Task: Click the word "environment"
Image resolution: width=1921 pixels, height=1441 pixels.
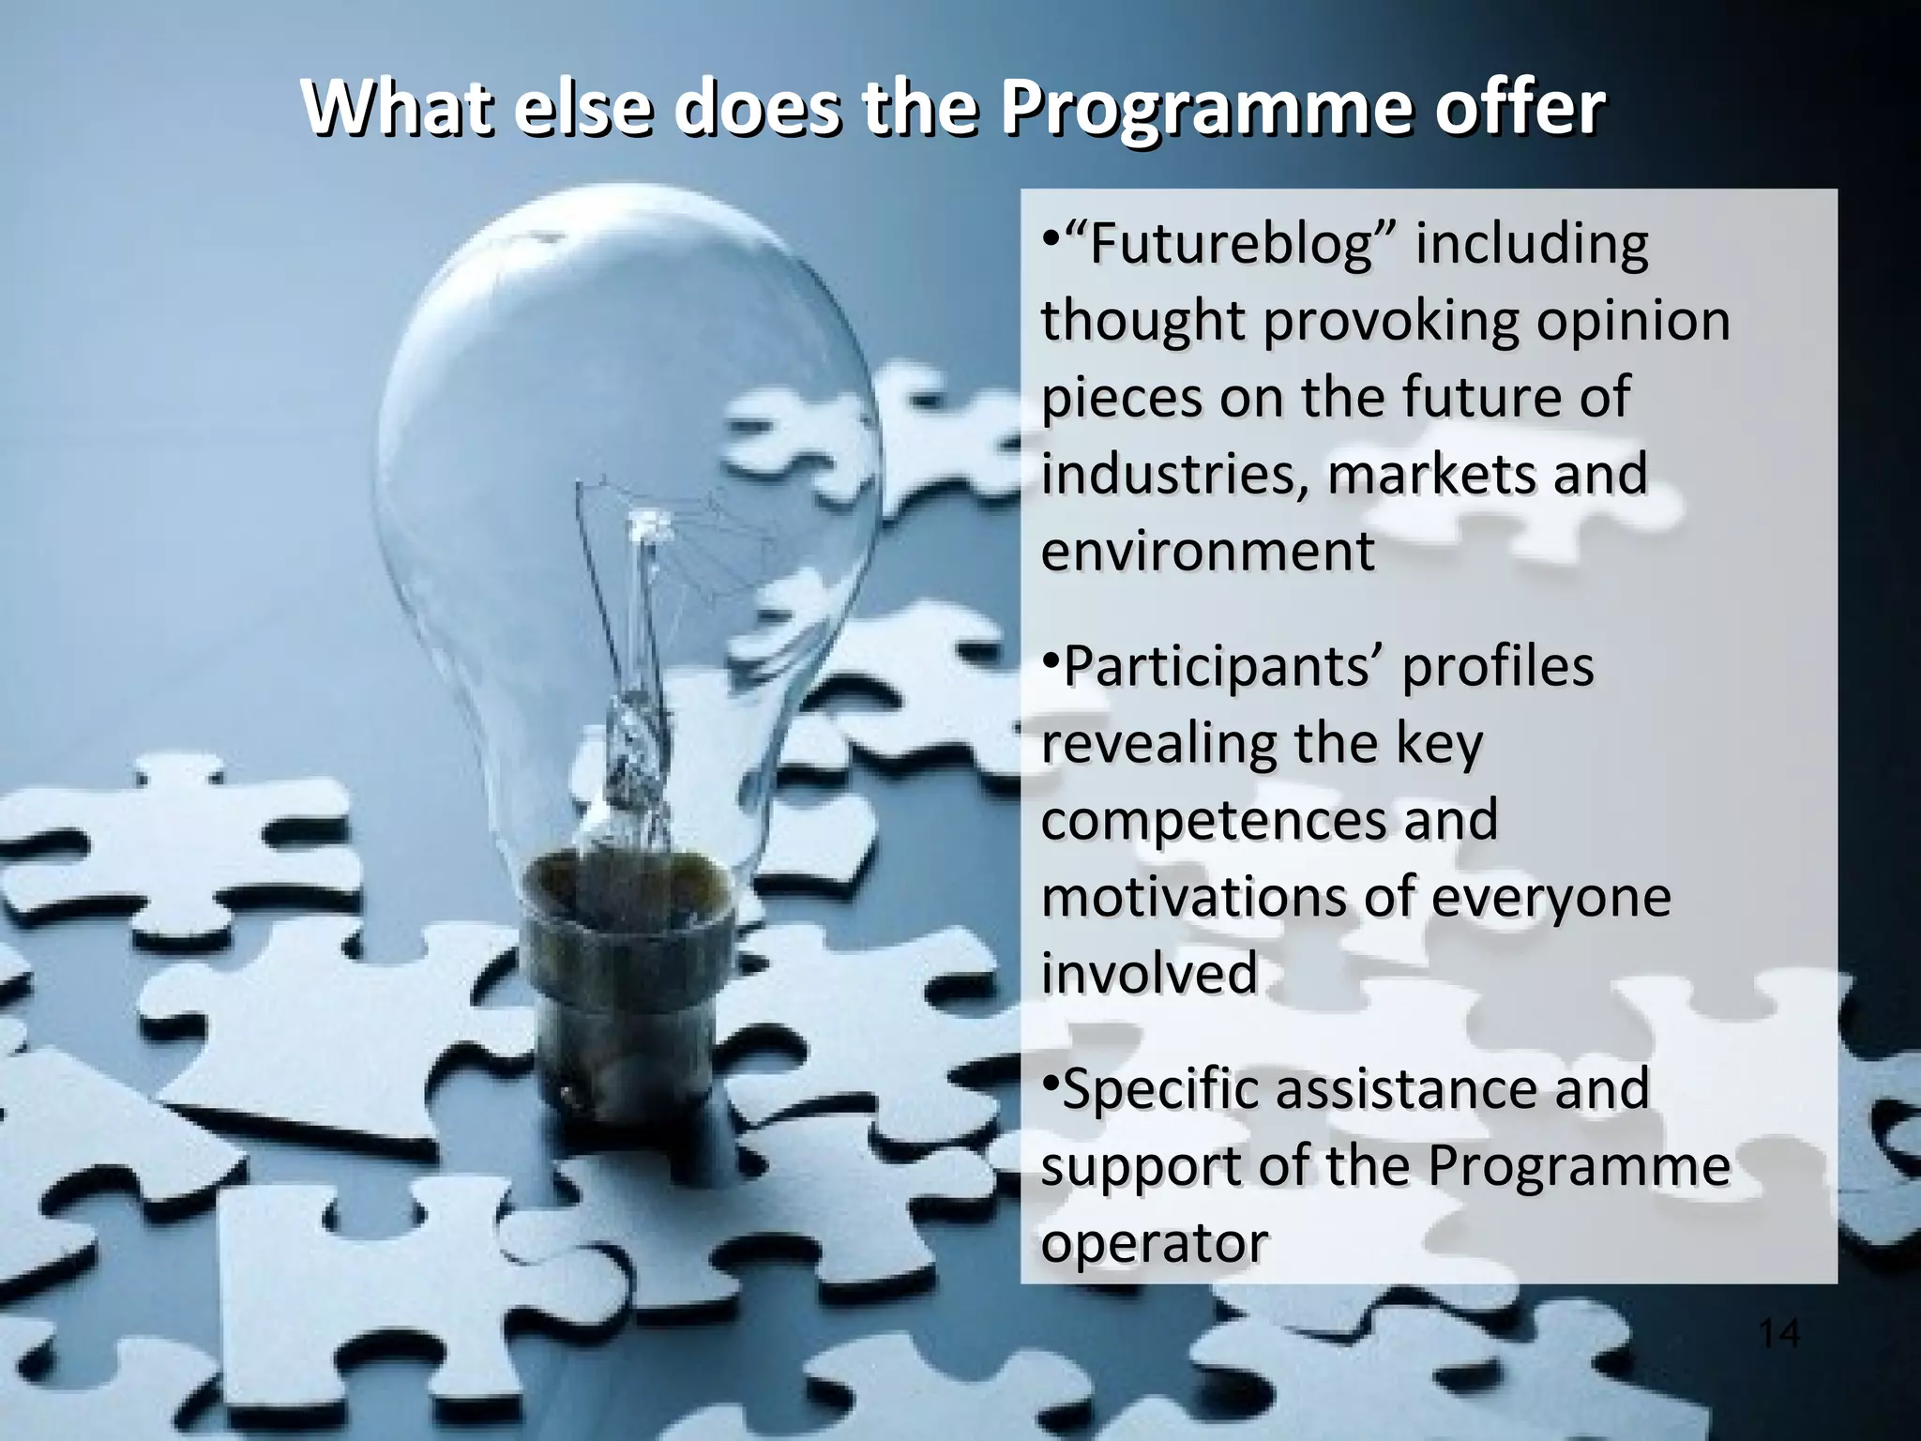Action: pyautogui.click(x=1208, y=551)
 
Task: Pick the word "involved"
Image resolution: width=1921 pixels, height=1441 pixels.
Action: pyautogui.click(x=1149, y=973)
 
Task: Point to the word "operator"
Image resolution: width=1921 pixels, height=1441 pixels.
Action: pyautogui.click(x=1155, y=1244)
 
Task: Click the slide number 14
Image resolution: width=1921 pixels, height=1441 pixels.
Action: pyautogui.click(x=1778, y=1333)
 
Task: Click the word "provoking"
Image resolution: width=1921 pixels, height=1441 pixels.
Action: pyautogui.click(x=1390, y=321)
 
